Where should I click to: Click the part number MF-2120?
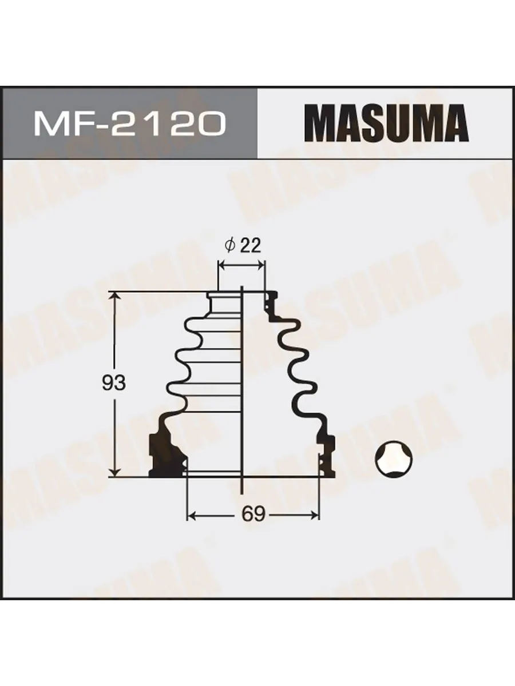coord(129,123)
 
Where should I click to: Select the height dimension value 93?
coord(113,383)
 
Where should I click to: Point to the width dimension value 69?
coord(253,514)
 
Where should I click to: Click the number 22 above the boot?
coord(250,246)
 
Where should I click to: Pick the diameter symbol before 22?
coord(230,246)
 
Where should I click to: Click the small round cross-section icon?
coord(395,459)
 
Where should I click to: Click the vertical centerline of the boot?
coord(243,400)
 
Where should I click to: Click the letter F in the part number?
coord(84,123)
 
